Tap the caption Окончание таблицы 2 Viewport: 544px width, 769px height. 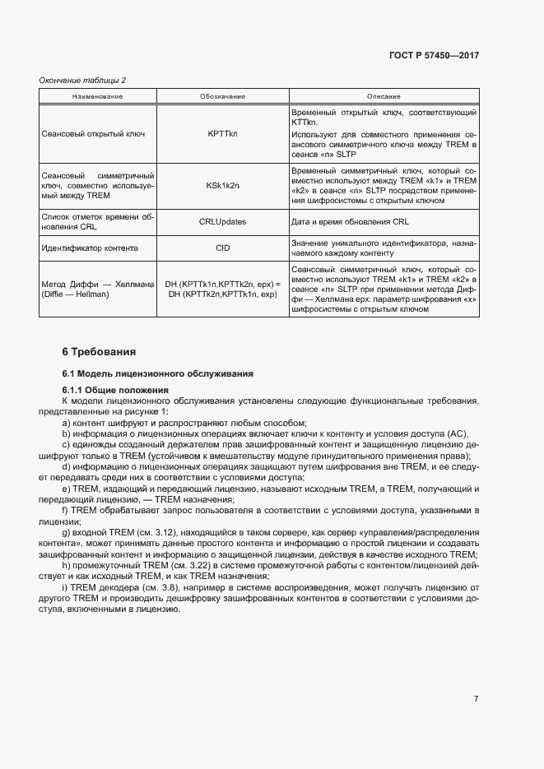coord(83,80)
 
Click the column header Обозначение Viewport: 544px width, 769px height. coord(222,96)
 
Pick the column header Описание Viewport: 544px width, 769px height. coord(384,96)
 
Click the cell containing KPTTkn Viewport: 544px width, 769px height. coord(222,133)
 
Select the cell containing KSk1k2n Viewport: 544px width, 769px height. coord(222,187)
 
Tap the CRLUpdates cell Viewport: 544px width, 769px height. coord(222,222)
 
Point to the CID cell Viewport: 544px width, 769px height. coord(222,248)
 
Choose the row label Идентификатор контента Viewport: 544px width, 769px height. coord(89,248)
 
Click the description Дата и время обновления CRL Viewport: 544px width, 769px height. coord(350,222)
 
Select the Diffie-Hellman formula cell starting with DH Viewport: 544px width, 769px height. coord(222,289)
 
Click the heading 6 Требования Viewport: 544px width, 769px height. coord(99,352)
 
